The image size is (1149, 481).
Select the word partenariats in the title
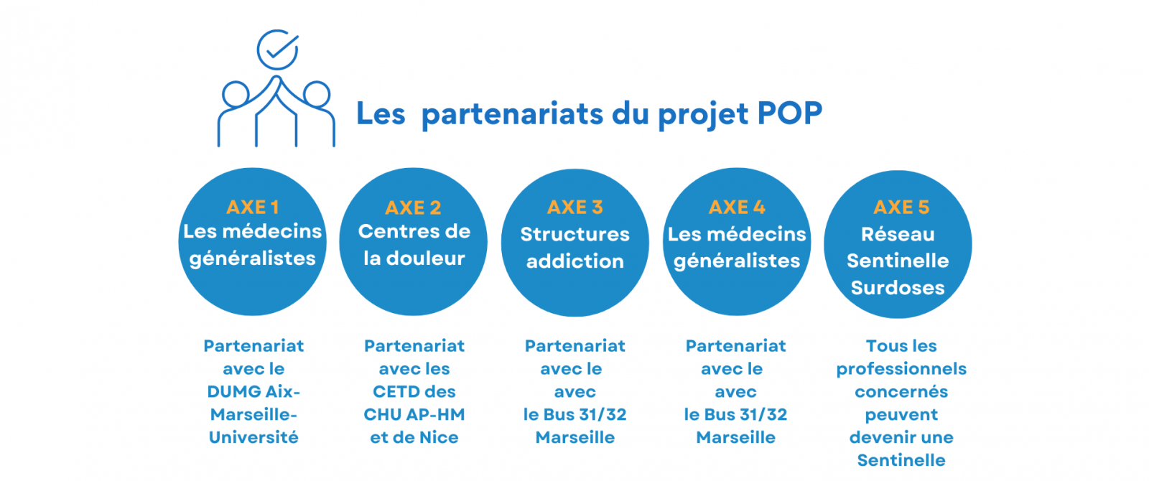click(x=512, y=114)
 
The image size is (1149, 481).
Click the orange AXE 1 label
click(x=252, y=207)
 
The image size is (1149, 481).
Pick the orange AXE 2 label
click(x=413, y=207)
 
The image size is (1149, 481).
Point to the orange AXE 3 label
click(x=575, y=207)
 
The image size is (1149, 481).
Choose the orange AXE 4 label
click(x=737, y=207)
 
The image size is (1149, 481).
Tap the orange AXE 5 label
click(x=901, y=207)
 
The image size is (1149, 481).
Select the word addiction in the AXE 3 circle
click(x=575, y=261)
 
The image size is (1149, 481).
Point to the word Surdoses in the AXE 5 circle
click(x=898, y=288)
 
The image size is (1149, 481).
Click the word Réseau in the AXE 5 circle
click(x=898, y=234)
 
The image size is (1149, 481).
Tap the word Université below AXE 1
click(x=253, y=437)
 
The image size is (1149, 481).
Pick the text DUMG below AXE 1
click(x=231, y=392)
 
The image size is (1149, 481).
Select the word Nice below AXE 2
click(x=439, y=437)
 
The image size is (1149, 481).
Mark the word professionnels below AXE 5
click(x=901, y=369)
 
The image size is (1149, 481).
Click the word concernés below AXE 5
click(x=901, y=392)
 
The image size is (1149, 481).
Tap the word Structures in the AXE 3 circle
click(x=575, y=234)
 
